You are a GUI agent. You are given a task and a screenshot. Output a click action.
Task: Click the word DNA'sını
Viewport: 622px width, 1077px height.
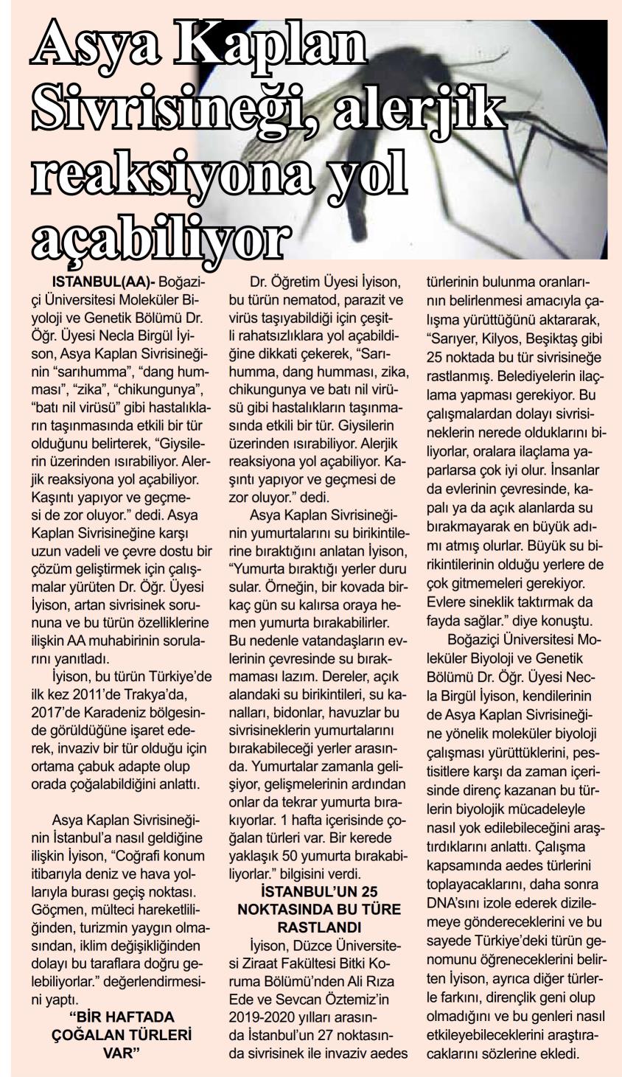click(455, 900)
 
